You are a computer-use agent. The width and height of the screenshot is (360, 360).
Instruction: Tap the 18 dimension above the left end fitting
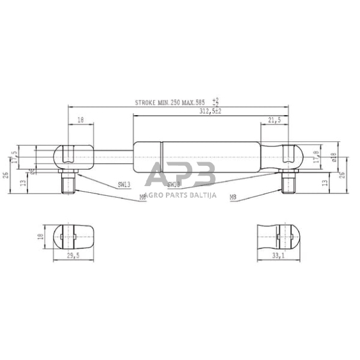81,122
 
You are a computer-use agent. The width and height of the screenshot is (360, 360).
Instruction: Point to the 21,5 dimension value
274,122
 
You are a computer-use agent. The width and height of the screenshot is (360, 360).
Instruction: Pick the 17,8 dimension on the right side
316,157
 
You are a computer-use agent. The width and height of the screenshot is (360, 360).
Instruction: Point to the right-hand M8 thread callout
233,197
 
